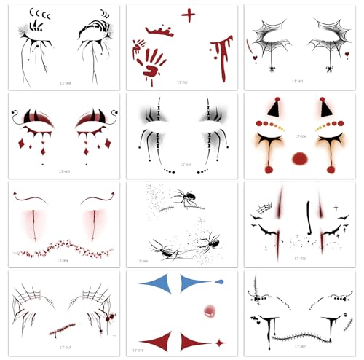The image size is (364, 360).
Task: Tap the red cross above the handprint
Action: [189, 15]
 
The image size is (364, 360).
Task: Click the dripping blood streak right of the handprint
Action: [219, 58]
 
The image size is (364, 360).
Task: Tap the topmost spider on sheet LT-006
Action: [178, 195]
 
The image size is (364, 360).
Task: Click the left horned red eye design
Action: [36, 119]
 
